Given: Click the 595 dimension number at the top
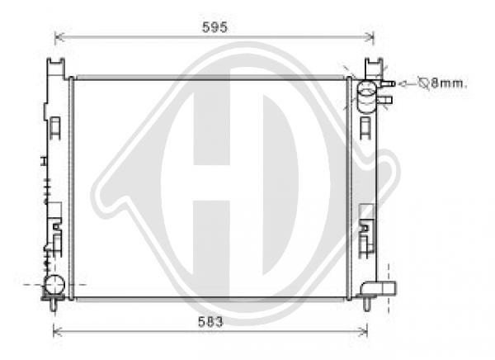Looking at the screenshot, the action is pyautogui.click(x=214, y=27).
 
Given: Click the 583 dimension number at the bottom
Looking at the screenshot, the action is pyautogui.click(x=210, y=322).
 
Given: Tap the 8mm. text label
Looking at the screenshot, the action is pyautogui.click(x=449, y=83).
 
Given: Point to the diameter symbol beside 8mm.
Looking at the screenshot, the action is pyautogui.click(x=422, y=83).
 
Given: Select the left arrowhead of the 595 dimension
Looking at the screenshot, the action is pyautogui.click(x=58, y=37).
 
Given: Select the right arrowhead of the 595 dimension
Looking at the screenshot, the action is pyautogui.click(x=370, y=37).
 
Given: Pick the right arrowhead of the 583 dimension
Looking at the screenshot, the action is pyautogui.click(x=364, y=331).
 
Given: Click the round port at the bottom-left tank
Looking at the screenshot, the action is pyautogui.click(x=54, y=285).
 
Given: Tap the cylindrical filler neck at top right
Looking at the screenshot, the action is pyautogui.click(x=366, y=97).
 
